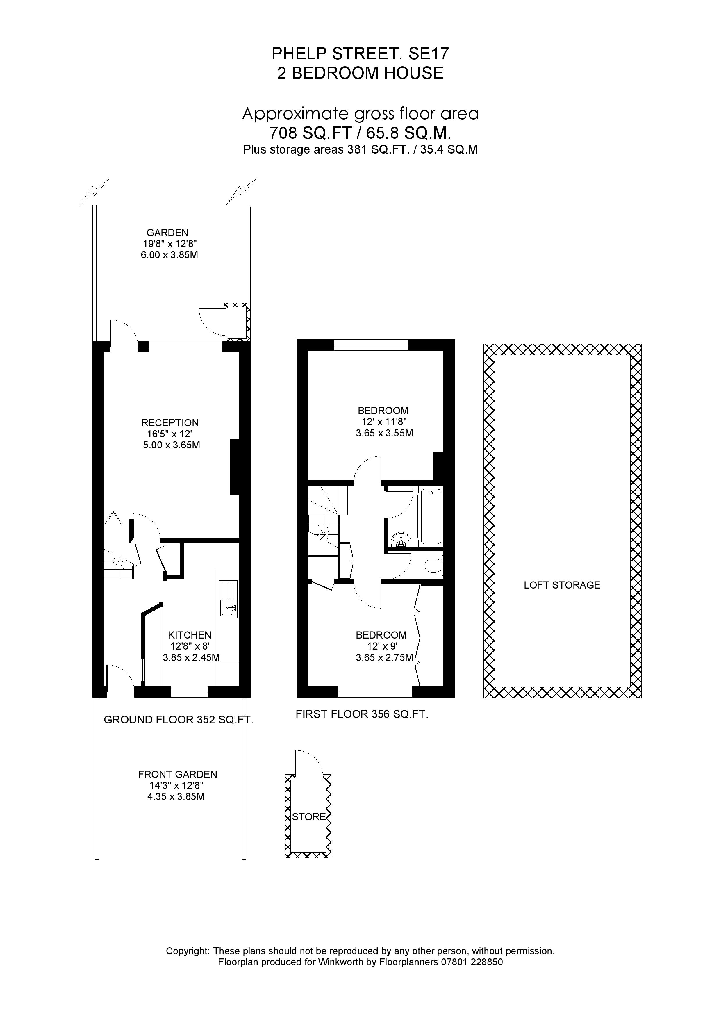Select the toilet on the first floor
point(433,566)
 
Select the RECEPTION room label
point(170,423)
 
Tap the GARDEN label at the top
point(167,232)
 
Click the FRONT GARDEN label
point(177,774)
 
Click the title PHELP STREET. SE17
point(360,54)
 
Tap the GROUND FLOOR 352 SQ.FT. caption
point(179,720)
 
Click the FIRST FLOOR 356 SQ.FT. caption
point(362,714)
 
